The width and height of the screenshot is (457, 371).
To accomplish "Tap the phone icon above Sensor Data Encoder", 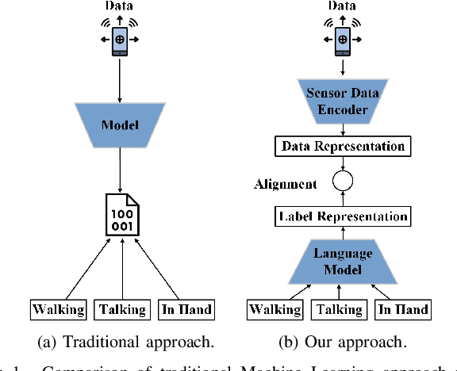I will (340, 38).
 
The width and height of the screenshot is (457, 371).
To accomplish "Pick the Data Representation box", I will (340, 146).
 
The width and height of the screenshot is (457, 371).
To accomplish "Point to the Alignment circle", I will (340, 182).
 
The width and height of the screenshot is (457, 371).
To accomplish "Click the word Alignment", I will (285, 184).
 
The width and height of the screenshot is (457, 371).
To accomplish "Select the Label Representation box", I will (340, 216).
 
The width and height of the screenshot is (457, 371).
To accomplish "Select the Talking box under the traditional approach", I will (121, 310).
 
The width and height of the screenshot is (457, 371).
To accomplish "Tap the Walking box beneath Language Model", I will (275, 310).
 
